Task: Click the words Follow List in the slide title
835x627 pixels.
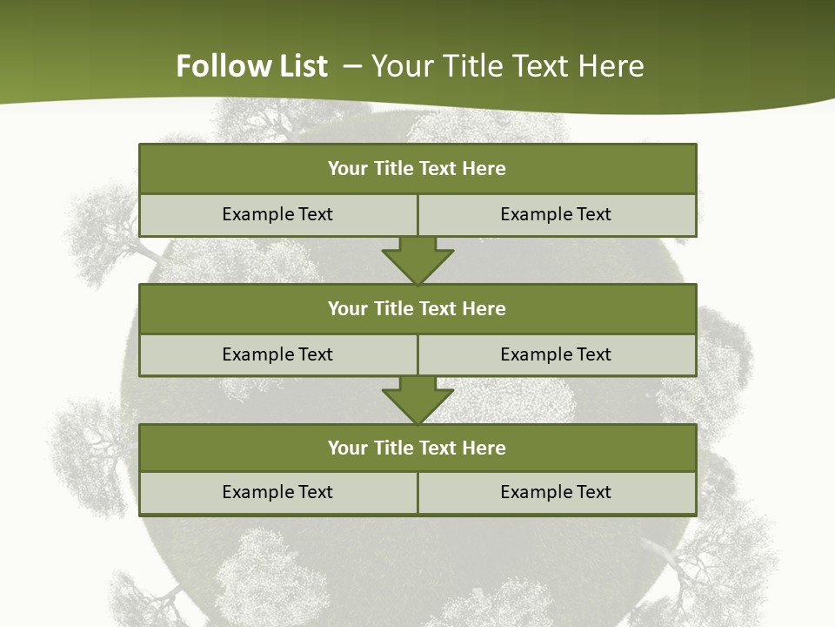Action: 251,66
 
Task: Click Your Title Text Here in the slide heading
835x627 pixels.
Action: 507,66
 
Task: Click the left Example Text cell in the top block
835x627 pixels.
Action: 277,214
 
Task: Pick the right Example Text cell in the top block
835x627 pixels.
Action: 556,214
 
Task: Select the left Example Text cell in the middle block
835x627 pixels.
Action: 277,354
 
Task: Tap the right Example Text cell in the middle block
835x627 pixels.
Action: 556,354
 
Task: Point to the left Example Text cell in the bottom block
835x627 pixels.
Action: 277,492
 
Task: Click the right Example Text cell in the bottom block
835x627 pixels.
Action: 556,492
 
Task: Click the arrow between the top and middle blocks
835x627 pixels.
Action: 417,260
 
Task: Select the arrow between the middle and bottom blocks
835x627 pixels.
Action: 417,400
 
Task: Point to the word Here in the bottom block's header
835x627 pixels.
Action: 484,448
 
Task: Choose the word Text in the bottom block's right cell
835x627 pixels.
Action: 593,492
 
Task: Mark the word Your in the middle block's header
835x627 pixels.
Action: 348,308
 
